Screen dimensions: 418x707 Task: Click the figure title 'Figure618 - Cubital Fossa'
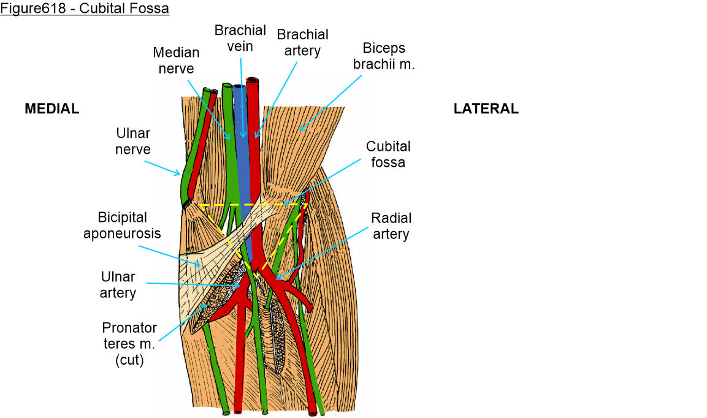[85, 9]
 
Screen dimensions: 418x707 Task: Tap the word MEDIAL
[52, 109]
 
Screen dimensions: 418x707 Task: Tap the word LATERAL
[486, 109]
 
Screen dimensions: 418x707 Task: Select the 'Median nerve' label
[176, 61]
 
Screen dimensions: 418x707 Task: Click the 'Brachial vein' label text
[240, 38]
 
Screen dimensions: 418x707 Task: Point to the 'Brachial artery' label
[302, 42]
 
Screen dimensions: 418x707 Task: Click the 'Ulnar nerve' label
[132, 141]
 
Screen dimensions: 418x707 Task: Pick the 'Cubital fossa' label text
[388, 154]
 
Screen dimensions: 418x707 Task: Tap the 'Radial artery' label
[391, 226]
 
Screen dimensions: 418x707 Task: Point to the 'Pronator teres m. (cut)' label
[129, 344]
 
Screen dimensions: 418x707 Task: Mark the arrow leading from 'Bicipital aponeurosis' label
[168, 255]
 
